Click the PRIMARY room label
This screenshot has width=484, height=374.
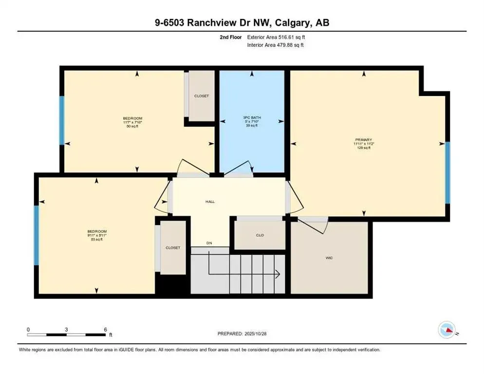point(363,140)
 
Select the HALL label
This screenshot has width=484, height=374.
point(210,201)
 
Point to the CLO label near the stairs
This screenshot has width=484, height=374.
point(260,235)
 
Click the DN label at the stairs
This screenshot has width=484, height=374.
point(209,243)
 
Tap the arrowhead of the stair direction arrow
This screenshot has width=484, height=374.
point(277,275)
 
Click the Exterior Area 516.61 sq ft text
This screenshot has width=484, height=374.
point(277,37)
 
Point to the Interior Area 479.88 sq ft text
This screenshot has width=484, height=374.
point(277,45)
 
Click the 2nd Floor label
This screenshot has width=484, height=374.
point(231,37)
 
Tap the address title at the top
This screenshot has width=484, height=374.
point(242,22)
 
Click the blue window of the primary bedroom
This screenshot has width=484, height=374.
point(447,172)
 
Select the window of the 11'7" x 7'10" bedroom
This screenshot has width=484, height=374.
point(62,120)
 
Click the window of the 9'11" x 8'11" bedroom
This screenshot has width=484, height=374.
point(36,235)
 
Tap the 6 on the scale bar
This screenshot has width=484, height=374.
point(105,329)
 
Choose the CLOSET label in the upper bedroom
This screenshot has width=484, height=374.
point(201,96)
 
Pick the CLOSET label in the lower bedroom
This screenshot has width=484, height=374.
point(173,248)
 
